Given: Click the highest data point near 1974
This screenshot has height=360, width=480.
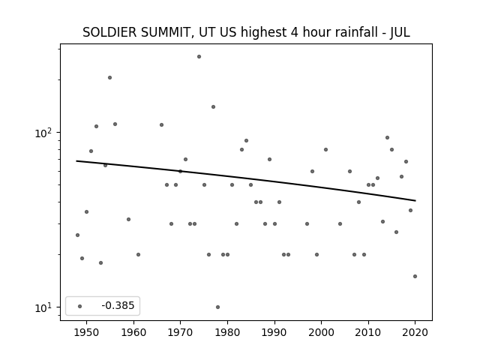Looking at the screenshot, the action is [x=199, y=57].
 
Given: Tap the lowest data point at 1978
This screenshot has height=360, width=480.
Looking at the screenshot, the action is [x=217, y=307].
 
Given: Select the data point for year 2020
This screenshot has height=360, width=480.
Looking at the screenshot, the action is [x=415, y=277].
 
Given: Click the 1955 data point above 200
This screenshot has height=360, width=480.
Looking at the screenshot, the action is [x=110, y=78].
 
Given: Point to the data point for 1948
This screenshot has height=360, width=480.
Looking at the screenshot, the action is [x=77, y=235].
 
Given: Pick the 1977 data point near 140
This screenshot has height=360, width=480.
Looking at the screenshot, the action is [x=213, y=106].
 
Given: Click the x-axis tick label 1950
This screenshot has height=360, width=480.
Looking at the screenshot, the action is [x=87, y=333].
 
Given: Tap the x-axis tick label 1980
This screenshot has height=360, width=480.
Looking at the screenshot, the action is [x=227, y=333].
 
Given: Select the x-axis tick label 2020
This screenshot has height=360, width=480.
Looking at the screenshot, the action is [x=415, y=333].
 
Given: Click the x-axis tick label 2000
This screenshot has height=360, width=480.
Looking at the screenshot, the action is [x=321, y=333].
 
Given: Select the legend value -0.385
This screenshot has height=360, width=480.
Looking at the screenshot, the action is [x=118, y=305].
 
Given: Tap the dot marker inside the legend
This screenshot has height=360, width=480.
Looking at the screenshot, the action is [x=80, y=307].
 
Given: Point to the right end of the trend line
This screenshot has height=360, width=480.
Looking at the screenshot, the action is [x=415, y=201].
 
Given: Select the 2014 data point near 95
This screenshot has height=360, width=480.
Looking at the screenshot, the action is [x=387, y=138].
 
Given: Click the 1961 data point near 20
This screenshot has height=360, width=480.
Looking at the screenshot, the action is [x=138, y=255].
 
